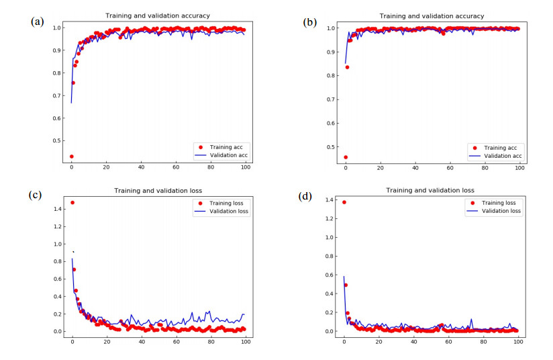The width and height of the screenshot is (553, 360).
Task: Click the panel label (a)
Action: tap(38, 21)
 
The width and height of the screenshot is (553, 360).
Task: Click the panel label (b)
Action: tap(310, 22)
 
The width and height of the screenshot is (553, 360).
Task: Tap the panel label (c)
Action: tap(36, 195)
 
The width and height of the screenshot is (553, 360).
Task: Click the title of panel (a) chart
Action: tap(158, 15)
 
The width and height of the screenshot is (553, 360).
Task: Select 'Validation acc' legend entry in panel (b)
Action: tap(494, 156)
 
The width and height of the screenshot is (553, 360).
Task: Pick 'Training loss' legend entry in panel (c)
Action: tap(221, 202)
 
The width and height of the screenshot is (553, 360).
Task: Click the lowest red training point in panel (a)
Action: tap(72, 156)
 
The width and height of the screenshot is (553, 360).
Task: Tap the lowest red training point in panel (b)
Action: tap(346, 157)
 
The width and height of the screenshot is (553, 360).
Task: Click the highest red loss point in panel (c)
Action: tap(72, 202)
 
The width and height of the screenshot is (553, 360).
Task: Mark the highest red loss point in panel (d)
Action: tap(344, 202)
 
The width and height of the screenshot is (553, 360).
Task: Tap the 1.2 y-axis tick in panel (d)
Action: tap(332, 218)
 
